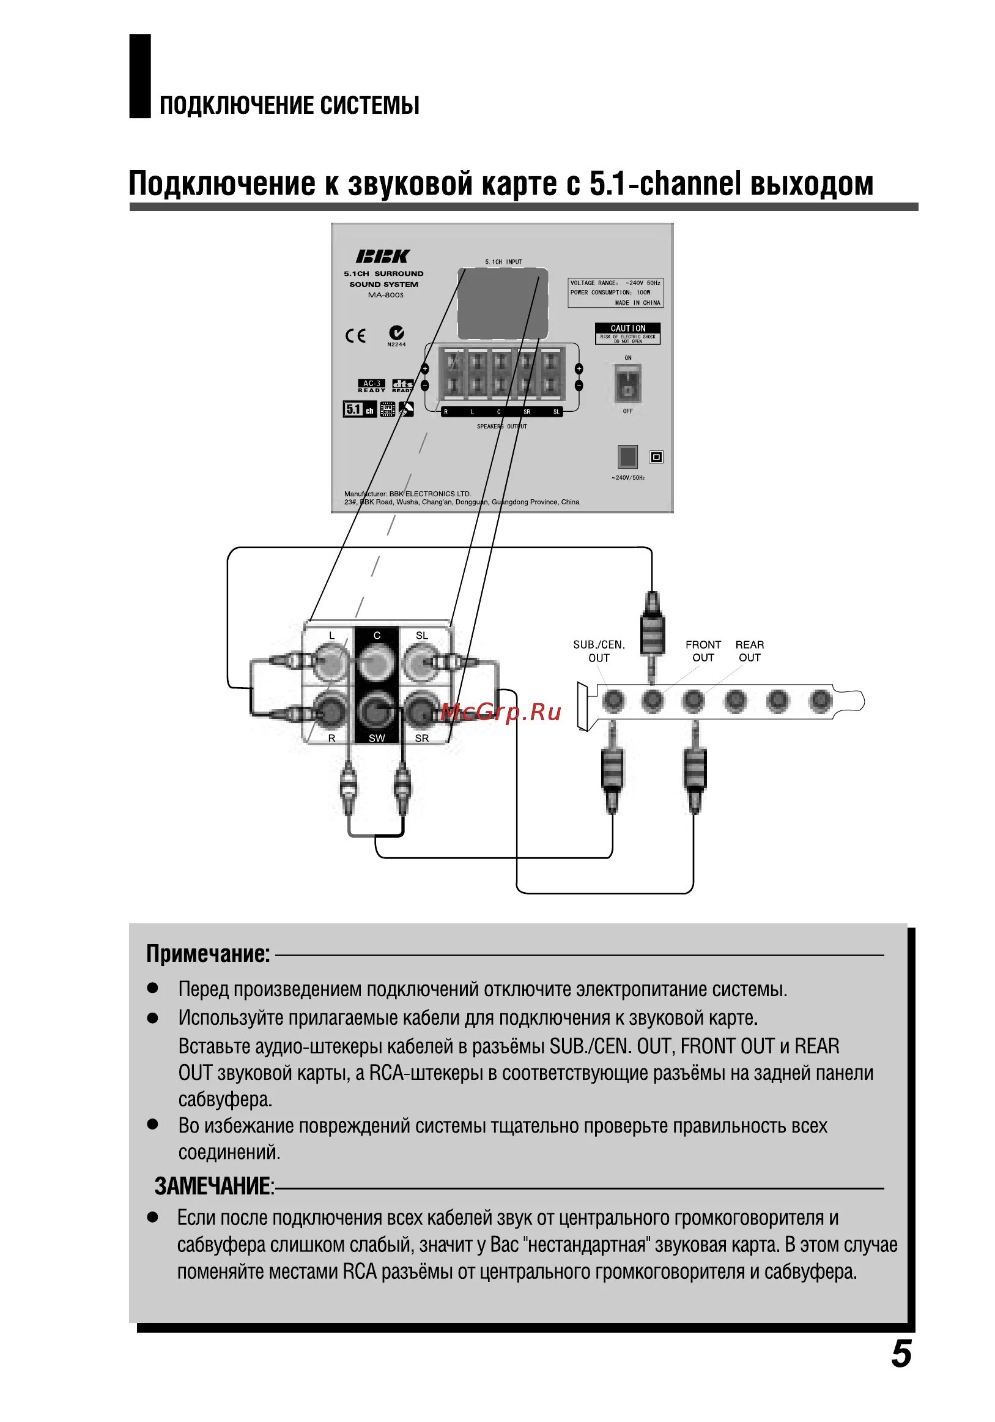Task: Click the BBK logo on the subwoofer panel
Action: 382,256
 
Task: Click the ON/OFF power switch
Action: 627,384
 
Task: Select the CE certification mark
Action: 355,336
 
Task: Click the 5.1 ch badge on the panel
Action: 359,409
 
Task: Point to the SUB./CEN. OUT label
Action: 599,651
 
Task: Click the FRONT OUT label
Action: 703,651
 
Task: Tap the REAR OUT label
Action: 749,651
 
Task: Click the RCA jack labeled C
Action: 377,662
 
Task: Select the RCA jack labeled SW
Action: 377,710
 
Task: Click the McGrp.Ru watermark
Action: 501,712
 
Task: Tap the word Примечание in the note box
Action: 208,955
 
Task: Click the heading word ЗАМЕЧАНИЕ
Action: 213,1186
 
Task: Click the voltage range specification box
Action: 615,292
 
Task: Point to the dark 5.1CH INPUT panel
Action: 502,303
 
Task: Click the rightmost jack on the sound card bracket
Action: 820,701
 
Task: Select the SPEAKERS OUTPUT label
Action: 501,426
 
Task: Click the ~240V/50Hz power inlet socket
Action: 627,456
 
